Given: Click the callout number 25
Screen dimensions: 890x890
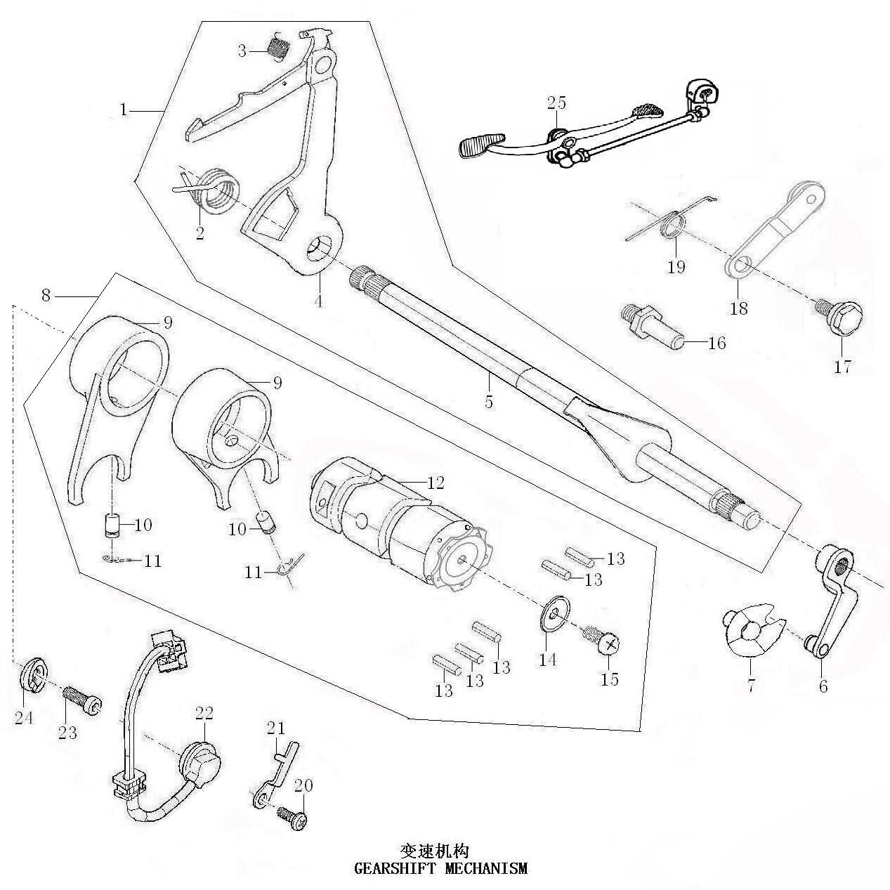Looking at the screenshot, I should [x=556, y=103].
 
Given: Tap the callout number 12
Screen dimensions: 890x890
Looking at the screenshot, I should [x=436, y=483].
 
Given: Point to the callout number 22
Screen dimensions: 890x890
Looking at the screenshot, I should [x=204, y=713].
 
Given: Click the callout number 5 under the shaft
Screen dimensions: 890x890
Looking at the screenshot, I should [x=489, y=402].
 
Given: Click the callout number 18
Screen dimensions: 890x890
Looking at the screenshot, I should [x=738, y=307].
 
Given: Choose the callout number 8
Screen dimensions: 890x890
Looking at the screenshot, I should [x=46, y=296].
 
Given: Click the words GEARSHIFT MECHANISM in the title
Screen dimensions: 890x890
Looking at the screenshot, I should [x=440, y=868].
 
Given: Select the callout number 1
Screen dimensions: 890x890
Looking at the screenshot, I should [x=124, y=110].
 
